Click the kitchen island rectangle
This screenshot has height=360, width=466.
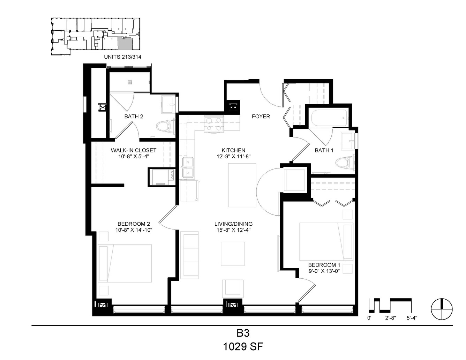[242, 185]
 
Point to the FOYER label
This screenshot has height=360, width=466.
[261, 117]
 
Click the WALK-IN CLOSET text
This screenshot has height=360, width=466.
[134, 150]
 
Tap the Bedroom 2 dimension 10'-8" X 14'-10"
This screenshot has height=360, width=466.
[134, 230]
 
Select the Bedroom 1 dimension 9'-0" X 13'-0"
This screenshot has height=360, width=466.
[324, 271]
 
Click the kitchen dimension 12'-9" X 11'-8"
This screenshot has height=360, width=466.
[234, 157]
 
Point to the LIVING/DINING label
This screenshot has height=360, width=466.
[234, 224]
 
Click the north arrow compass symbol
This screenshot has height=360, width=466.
[442, 309]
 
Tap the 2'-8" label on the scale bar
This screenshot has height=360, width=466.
[390, 318]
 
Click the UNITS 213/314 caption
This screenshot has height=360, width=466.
[123, 57]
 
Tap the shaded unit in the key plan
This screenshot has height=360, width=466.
[125, 44]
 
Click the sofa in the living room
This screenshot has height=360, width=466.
[189, 255]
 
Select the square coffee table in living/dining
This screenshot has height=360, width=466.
[233, 254]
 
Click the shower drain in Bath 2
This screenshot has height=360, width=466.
[130, 82]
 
